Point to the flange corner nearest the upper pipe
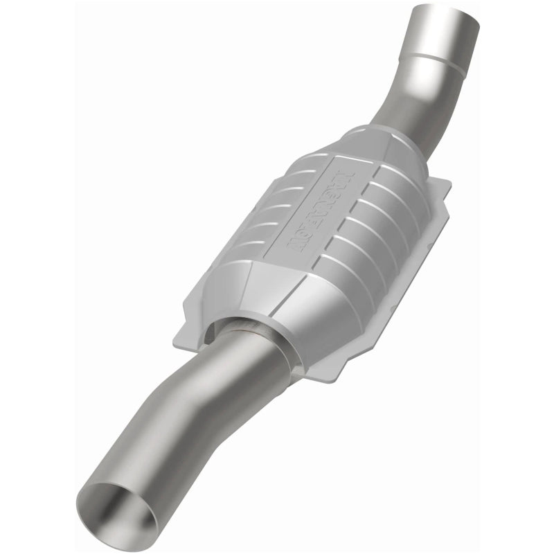click(x=443, y=184)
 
